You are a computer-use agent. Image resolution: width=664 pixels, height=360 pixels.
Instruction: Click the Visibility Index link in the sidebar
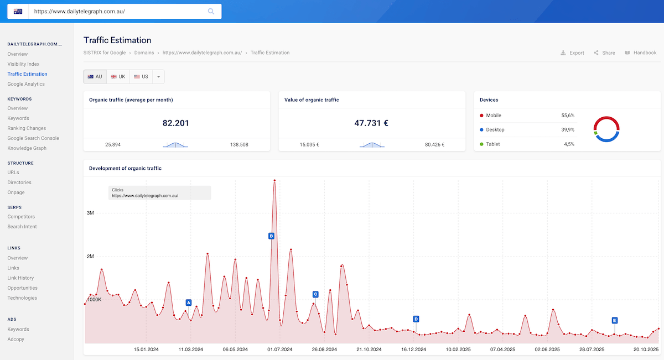pos(23,64)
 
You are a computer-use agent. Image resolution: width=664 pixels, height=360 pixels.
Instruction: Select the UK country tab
pos(118,77)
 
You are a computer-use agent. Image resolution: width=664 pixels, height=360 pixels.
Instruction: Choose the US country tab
pos(141,77)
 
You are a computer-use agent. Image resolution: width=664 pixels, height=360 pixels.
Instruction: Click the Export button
pos(572,53)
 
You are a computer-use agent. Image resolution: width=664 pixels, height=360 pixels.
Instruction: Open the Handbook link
pos(640,53)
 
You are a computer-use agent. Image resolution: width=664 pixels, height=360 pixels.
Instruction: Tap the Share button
pos(604,53)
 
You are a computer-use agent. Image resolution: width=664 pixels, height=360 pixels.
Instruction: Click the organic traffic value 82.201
pos(176,123)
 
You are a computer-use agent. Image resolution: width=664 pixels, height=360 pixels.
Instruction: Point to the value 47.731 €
pos(371,123)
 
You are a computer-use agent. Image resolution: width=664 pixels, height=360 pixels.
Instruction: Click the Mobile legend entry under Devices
pos(494,116)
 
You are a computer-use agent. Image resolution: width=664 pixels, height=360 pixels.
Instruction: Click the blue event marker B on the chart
pos(271,236)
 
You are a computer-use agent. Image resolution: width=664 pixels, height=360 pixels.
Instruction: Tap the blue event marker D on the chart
pos(416,319)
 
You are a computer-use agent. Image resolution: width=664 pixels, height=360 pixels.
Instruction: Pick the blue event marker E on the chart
pos(614,320)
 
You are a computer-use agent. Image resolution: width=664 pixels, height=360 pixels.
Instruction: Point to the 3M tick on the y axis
pos(91,213)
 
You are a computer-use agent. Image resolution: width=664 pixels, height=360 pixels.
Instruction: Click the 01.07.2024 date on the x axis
pos(280,349)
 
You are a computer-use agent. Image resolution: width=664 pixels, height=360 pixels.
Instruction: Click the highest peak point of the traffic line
pos(274,180)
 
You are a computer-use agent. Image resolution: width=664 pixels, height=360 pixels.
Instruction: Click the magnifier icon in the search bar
pos(211,11)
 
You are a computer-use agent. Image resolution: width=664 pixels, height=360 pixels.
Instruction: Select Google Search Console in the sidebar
pos(33,138)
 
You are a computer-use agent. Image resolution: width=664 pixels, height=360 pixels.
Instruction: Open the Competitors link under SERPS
pos(21,217)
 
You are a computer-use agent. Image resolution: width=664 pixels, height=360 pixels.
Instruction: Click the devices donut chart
pos(606,129)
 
